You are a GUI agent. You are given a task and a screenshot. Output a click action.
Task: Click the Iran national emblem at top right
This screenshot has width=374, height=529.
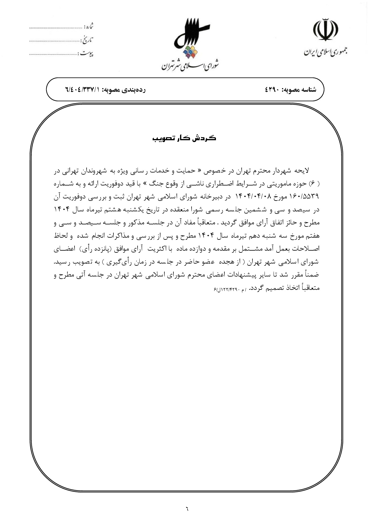pos(325,30)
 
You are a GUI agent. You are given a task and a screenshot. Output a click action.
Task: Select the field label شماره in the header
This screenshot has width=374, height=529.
pos(88,26)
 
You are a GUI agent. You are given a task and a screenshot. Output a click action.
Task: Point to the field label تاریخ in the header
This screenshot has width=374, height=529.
pos(87,40)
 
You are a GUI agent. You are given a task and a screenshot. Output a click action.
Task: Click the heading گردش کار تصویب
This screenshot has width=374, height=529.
pos(184,138)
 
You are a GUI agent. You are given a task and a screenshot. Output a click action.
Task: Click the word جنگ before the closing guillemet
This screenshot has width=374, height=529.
pos(152,184)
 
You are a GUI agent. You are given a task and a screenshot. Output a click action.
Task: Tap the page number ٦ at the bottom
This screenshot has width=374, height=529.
pos(187,509)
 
